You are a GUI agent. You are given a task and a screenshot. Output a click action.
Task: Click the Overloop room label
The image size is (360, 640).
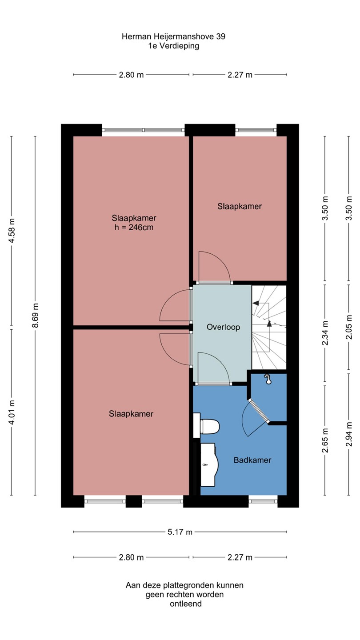(x=223, y=327)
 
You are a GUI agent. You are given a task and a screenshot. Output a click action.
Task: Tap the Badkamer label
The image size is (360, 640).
(x=252, y=460)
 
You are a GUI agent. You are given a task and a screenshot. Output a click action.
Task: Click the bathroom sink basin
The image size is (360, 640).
(x=209, y=464)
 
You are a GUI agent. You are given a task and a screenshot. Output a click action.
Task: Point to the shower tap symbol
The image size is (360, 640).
(x=268, y=379)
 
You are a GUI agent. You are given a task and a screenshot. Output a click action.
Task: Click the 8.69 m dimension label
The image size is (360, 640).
(x=35, y=316)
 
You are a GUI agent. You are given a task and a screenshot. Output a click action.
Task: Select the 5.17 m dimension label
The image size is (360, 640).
(x=180, y=532)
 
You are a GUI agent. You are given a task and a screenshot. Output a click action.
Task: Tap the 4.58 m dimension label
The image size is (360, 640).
(x=12, y=231)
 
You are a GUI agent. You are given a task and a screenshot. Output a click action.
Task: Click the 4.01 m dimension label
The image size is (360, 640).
(x=12, y=412)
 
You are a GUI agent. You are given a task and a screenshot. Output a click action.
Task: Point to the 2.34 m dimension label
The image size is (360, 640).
(x=325, y=333)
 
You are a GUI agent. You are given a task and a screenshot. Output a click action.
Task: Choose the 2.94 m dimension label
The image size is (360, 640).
(x=348, y=434)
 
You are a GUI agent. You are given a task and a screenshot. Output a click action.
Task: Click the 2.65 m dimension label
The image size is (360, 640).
(x=325, y=440)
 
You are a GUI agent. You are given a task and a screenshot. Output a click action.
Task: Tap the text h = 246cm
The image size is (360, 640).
(x=134, y=228)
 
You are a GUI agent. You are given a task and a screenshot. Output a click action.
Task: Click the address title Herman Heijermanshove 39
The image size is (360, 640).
(x=173, y=36)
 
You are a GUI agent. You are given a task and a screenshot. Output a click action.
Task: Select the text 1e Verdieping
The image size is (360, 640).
(x=173, y=46)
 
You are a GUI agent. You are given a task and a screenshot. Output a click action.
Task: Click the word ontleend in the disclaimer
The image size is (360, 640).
(x=186, y=604)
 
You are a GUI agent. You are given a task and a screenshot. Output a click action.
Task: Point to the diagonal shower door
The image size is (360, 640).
(x=259, y=411)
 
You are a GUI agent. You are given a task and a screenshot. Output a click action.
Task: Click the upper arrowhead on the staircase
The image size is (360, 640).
(x=256, y=303)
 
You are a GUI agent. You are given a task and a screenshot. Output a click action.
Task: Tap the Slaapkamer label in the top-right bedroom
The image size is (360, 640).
(x=240, y=206)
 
